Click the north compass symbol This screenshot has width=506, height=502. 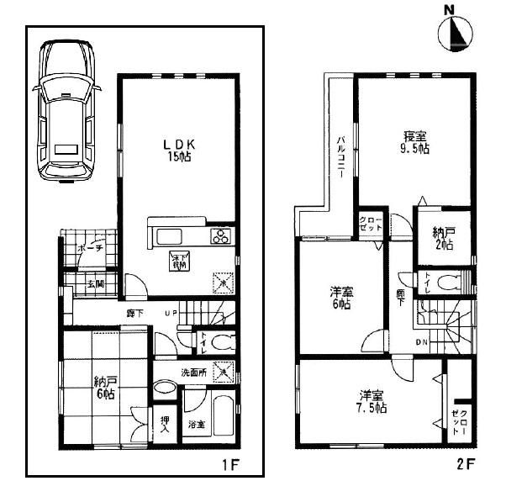[454, 32]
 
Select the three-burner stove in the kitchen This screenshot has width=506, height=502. [221, 236]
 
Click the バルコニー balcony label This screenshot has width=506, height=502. [343, 159]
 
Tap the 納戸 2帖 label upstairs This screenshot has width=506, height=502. [443, 238]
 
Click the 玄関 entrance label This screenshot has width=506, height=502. [93, 284]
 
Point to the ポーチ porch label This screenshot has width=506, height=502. [89, 250]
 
